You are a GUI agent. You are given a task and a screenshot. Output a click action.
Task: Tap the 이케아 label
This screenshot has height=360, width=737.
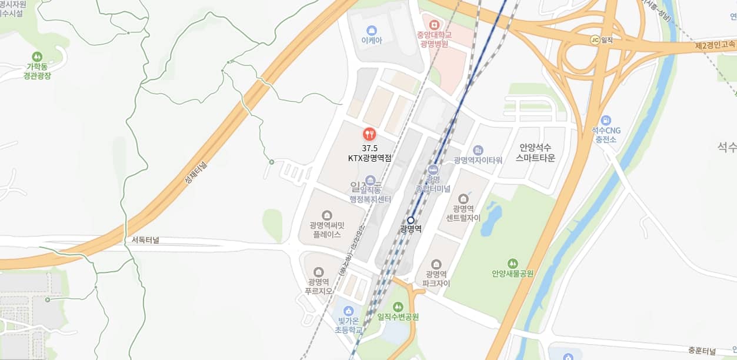coord(371,41)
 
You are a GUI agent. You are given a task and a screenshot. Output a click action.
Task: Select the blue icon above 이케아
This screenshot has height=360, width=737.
coord(371,29)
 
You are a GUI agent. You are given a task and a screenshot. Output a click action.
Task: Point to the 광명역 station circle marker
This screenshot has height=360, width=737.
coord(411,220)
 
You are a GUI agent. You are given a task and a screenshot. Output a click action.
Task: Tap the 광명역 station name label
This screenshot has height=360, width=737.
coord(411,229)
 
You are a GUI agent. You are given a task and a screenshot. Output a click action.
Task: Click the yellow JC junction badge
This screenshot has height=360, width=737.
coord(595,40)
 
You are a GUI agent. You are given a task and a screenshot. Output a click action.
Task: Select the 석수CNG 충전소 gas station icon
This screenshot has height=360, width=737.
coord(606,119)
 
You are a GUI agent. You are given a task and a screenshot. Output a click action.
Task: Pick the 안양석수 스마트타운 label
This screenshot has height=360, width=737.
coord(535,153)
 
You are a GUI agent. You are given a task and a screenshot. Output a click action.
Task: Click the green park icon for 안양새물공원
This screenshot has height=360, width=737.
coord(513,263)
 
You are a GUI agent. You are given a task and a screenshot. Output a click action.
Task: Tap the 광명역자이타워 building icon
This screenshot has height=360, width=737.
coord(478,150)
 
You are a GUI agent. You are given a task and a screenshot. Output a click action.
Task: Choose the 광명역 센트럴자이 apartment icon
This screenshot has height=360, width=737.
coord(463,198)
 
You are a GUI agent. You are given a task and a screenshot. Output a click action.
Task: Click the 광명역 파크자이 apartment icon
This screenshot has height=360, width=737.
coord(436,264)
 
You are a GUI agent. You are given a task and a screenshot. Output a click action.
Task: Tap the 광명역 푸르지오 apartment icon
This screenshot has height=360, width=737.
coord(318,272)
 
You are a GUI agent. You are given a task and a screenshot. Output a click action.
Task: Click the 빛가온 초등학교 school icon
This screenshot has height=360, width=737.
coord(348,311)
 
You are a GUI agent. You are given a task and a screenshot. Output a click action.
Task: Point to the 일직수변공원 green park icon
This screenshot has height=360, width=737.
coord(398,306)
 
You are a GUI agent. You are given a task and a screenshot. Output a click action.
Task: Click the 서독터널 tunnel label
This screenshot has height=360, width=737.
coord(145,240)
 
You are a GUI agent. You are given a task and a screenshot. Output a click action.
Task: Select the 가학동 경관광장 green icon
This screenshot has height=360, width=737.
coord(38,56)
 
